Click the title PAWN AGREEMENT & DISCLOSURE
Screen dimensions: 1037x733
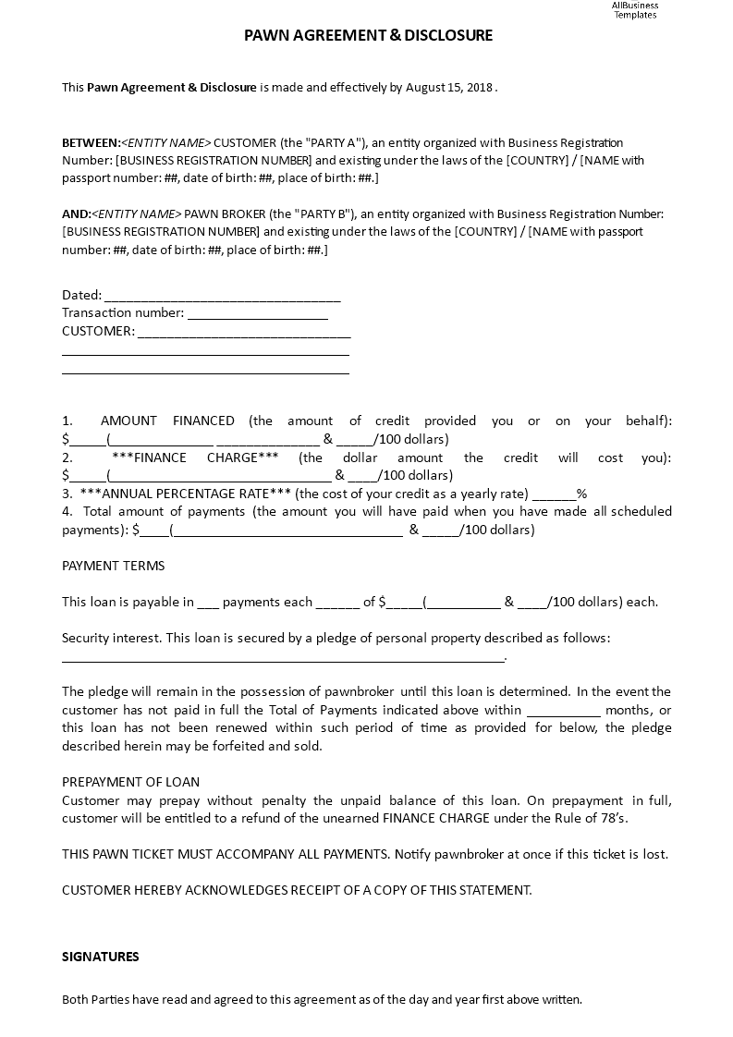[368, 36]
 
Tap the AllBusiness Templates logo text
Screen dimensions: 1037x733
[635, 10]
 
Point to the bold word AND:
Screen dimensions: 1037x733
[76, 213]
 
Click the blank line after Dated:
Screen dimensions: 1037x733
[222, 296]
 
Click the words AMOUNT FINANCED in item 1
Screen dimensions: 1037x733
[167, 421]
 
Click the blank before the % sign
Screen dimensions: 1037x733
[555, 494]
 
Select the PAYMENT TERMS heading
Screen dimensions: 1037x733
[113, 566]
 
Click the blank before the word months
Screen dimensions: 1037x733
[563, 710]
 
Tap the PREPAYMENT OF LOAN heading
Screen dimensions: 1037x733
[130, 782]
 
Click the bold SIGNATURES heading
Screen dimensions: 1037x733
[101, 957]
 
